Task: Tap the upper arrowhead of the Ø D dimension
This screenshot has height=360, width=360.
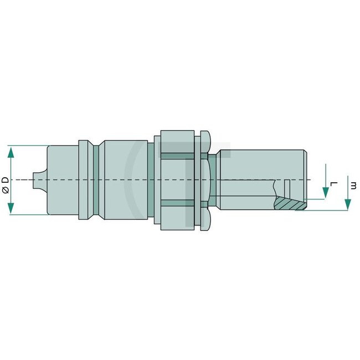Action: (11, 150)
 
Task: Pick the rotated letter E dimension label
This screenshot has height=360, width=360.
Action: (353, 184)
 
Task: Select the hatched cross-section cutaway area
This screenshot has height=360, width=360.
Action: (291, 203)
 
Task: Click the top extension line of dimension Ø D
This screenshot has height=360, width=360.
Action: (28, 146)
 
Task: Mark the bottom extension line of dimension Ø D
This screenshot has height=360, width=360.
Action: (28, 214)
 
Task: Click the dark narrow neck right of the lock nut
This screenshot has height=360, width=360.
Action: (213, 180)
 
